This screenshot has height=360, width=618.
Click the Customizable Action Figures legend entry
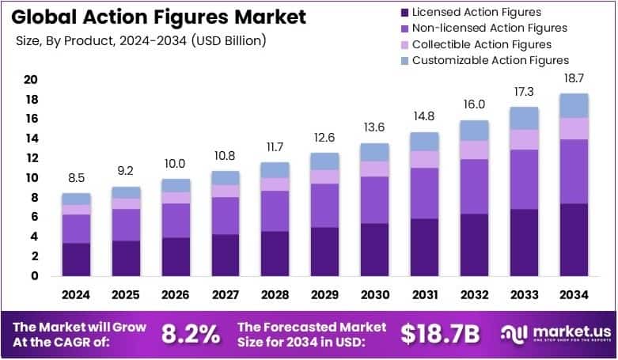491,60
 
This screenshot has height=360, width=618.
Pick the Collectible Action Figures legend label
482,44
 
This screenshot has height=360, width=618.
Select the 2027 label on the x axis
225,294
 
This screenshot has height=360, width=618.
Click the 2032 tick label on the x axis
473,294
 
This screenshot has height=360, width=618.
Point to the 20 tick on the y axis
32,79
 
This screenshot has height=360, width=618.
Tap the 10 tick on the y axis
32,178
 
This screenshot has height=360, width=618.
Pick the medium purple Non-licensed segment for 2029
324,206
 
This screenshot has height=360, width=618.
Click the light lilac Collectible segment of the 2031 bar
424,159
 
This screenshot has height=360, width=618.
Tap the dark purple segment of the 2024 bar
77,260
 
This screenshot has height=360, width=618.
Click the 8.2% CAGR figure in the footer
191,334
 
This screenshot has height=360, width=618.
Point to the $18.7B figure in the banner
440,334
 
